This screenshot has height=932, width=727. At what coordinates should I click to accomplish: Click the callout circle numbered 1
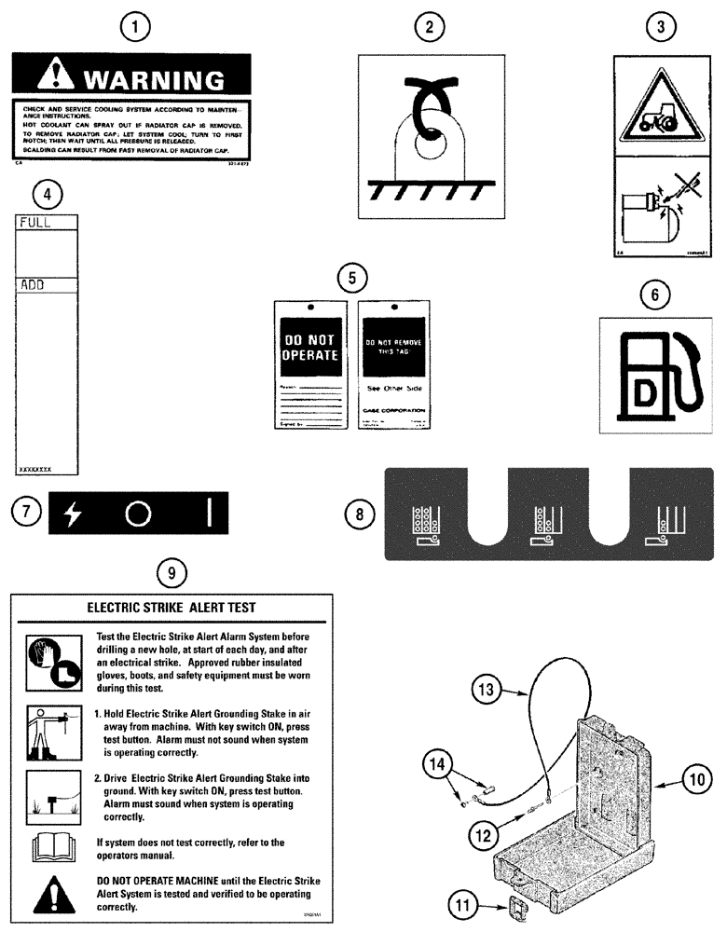[138, 28]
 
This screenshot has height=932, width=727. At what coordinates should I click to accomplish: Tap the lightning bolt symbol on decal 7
[73, 513]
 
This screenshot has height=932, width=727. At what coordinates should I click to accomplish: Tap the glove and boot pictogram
[48, 660]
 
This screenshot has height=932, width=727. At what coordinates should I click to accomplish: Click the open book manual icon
[48, 846]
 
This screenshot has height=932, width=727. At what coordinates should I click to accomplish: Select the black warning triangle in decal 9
[48, 892]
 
